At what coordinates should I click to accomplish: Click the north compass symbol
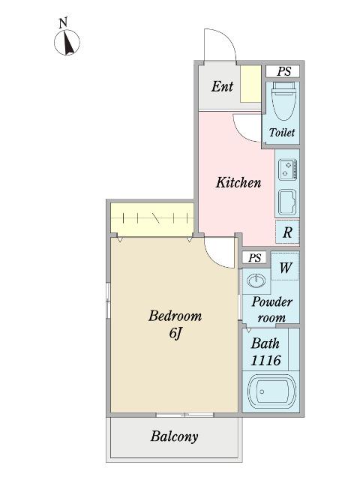pos(67,42)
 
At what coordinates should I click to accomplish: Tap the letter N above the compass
pos(63,23)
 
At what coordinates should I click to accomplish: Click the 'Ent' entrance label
pos(222,86)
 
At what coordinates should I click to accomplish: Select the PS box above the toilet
pos(283,72)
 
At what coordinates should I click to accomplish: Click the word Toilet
pos(282,132)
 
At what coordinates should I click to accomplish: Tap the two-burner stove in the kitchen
pos(288,169)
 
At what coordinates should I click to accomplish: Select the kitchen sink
pos(287,202)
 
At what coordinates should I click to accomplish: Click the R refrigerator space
pos(287,232)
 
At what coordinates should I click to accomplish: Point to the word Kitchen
pos(238,182)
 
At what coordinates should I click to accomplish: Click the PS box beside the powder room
pos(255,257)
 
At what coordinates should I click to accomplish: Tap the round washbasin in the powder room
pos(256,280)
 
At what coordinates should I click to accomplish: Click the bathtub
pos(271,391)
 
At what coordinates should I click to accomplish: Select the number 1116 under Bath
pos(265,360)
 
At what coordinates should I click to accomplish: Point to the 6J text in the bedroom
pos(175,333)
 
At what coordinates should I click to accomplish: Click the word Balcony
pos(174,436)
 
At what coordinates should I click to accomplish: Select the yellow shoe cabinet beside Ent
pos(250,84)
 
